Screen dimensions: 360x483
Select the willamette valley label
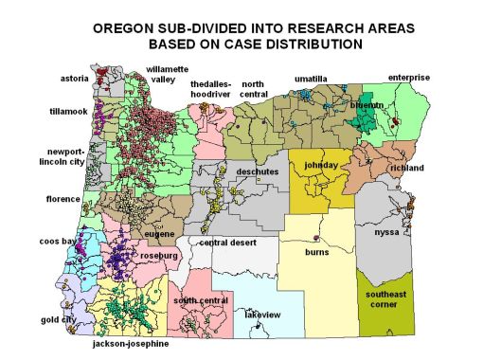point(168,74)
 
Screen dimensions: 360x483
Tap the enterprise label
point(408,77)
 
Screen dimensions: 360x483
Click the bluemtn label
point(366,106)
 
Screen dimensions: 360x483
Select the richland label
point(406,168)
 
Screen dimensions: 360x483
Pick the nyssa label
point(386,232)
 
